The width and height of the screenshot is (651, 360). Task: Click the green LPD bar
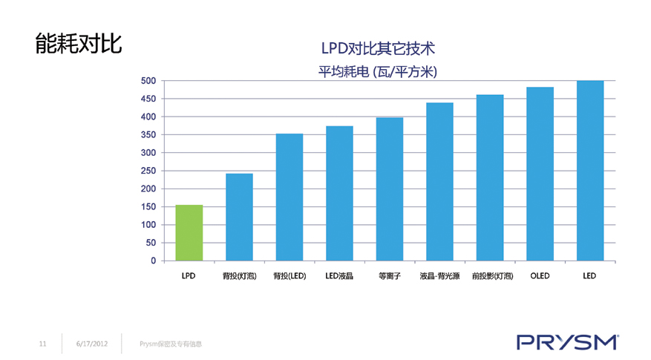189,232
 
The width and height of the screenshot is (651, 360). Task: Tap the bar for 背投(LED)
289,197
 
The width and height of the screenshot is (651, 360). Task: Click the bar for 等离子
390,189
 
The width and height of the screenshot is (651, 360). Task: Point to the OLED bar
540,174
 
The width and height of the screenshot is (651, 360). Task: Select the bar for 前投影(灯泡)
490,177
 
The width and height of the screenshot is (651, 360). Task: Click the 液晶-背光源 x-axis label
439,276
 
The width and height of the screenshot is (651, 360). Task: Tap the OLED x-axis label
540,276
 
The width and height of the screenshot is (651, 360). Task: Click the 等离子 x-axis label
390,276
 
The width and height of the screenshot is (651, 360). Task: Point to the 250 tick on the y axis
148,171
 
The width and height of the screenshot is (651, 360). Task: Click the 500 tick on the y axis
148,81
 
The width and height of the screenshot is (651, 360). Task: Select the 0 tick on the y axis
153,261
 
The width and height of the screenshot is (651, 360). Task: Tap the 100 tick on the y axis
148,225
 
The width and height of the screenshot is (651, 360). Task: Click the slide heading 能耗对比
79,44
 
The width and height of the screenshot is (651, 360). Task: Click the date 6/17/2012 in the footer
92,344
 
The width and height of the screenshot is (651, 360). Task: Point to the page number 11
42,344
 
